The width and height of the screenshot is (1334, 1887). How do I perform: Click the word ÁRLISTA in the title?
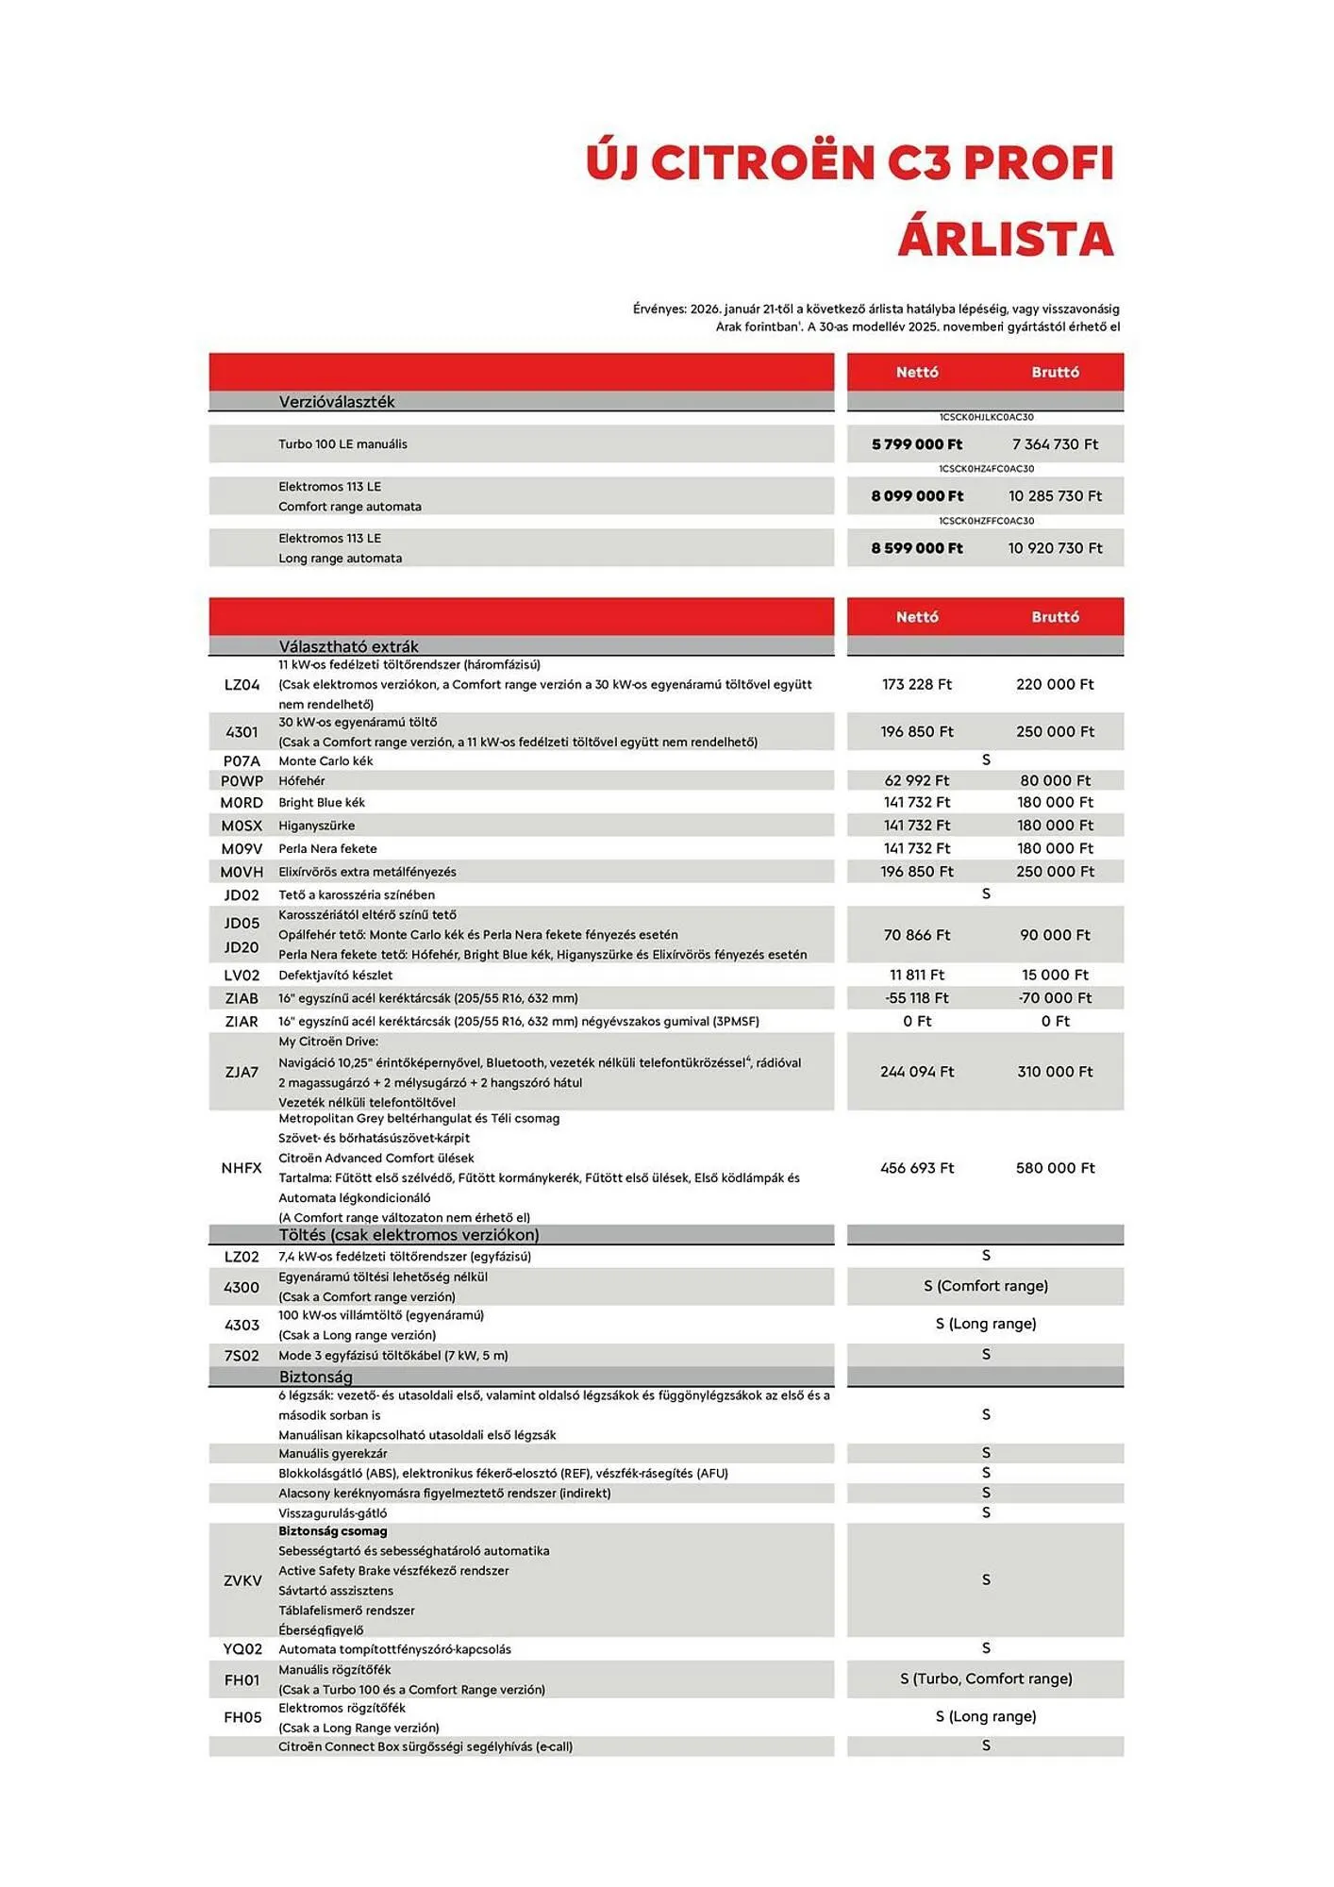(x=1006, y=238)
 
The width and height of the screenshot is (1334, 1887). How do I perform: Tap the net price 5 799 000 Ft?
(x=917, y=444)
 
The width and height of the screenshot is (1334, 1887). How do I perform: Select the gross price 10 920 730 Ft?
(x=1055, y=548)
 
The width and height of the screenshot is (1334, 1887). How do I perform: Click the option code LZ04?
(x=242, y=685)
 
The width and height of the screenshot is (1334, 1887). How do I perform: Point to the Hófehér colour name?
(x=302, y=781)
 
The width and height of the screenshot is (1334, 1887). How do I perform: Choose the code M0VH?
(x=242, y=872)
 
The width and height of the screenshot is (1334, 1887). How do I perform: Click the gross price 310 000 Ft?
(x=1055, y=1072)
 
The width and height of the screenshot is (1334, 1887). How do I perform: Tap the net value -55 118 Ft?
(x=917, y=998)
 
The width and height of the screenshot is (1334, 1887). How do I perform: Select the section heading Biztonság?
(x=315, y=1378)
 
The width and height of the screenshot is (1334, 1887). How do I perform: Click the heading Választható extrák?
(x=348, y=646)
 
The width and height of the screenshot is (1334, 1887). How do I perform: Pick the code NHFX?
(x=242, y=1168)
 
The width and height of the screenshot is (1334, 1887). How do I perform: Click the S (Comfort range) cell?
(x=986, y=1286)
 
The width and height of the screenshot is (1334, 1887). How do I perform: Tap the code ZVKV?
(x=242, y=1580)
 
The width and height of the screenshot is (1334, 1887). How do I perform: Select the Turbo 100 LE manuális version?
(x=342, y=444)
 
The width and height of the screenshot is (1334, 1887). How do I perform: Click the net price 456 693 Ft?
(x=917, y=1168)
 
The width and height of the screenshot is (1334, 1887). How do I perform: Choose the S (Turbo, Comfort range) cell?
(x=986, y=1678)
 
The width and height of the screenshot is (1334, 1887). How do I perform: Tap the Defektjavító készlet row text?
(x=335, y=976)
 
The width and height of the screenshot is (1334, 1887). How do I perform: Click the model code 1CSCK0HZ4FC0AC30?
(x=986, y=469)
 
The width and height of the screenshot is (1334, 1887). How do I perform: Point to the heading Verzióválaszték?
(x=337, y=402)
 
